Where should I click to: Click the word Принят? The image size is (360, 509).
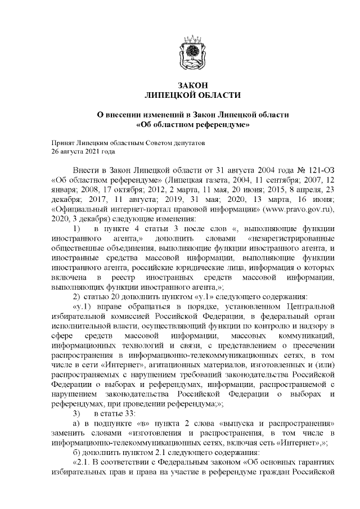63,143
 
